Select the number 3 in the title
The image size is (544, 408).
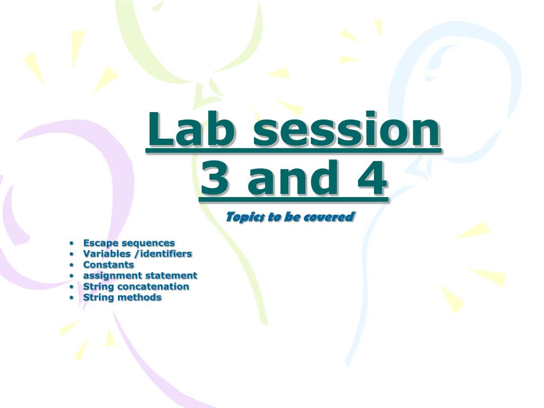point(215,178)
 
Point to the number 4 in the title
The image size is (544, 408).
point(372,178)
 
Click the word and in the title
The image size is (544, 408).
point(293,178)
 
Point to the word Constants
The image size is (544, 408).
point(108,265)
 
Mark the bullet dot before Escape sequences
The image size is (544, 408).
point(72,243)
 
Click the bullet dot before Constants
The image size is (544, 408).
point(72,265)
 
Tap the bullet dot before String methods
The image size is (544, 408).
point(72,297)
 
